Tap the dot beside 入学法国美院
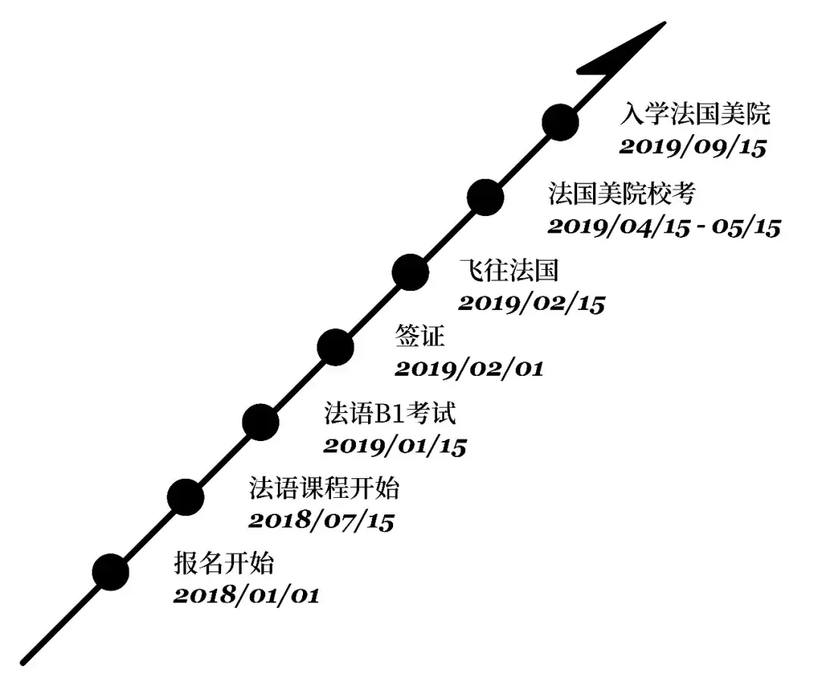pyautogui.click(x=560, y=122)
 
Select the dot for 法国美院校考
pyautogui.click(x=485, y=197)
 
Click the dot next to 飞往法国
pyautogui.click(x=411, y=272)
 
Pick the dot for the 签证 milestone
pyautogui.click(x=336, y=347)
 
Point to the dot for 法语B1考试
pyautogui.click(x=261, y=422)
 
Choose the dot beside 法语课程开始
pyautogui.click(x=186, y=497)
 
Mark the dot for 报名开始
pyautogui.click(x=111, y=572)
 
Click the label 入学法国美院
pyautogui.click(x=695, y=114)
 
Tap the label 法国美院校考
pyautogui.click(x=621, y=193)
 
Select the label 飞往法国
pyautogui.click(x=509, y=271)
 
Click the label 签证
pyautogui.click(x=420, y=336)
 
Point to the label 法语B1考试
pyautogui.click(x=390, y=413)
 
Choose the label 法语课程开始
pyautogui.click(x=324, y=489)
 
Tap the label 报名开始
pyautogui.click(x=223, y=564)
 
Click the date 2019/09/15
pyautogui.click(x=693, y=147)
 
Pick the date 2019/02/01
pyautogui.click(x=469, y=369)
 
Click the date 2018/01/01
pyautogui.click(x=246, y=596)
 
